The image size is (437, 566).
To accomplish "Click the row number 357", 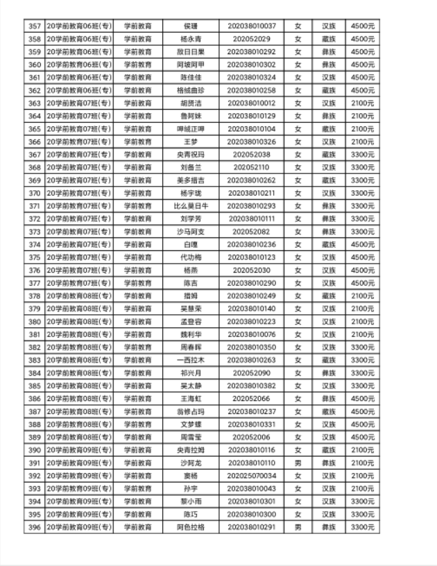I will point(33,26).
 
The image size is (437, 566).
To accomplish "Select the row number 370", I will point(33,193).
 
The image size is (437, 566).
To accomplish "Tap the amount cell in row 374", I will point(362,244).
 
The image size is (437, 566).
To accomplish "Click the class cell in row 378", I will point(78,296).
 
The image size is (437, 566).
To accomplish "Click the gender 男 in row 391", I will point(298,463).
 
